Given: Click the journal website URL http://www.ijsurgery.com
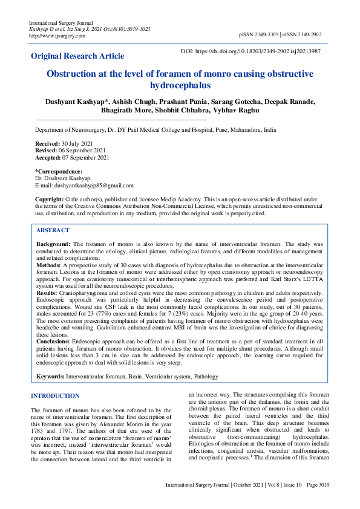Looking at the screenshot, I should pyautogui.click(x=57, y=36).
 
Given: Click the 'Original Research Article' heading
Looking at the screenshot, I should pyautogui.click(x=77, y=56).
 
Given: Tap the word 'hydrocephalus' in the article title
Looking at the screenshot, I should pyautogui.click(x=180, y=86).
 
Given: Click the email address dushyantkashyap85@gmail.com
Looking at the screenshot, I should pyautogui.click(x=94, y=186).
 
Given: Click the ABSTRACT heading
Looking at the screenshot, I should pyautogui.click(x=53, y=230).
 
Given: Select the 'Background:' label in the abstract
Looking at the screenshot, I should pyautogui.click(x=54, y=242).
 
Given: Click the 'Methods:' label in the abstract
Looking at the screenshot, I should pyautogui.click(x=48, y=265).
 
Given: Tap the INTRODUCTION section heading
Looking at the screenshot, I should pyautogui.click(x=55, y=396).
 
